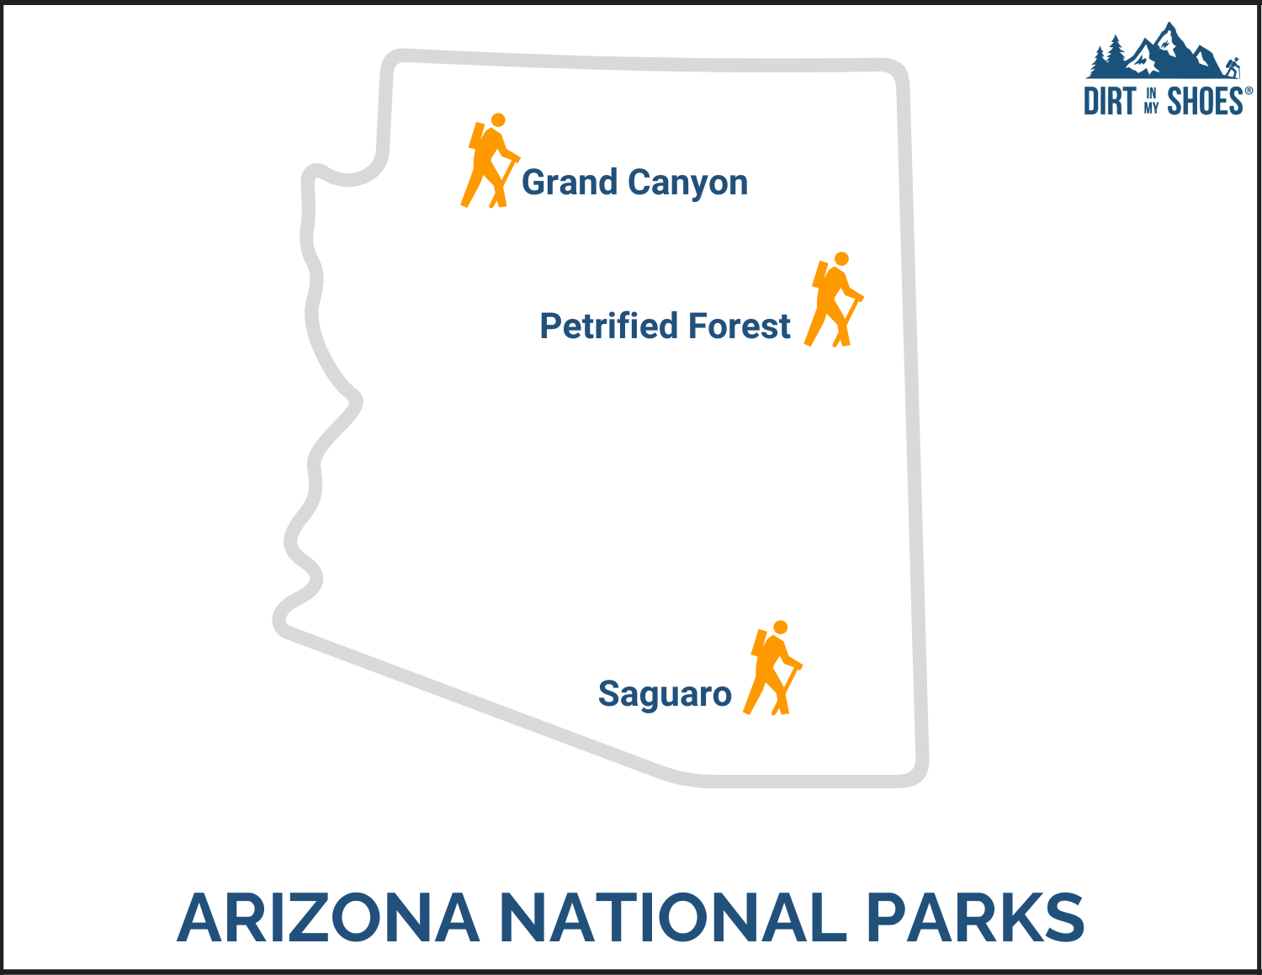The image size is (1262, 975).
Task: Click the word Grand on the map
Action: (x=569, y=183)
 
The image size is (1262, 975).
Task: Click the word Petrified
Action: (x=608, y=326)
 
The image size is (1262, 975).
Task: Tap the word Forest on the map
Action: (x=740, y=326)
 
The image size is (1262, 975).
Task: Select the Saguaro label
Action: (x=665, y=695)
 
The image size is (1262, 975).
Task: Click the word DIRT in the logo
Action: (x=1109, y=102)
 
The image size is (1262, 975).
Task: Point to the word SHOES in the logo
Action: (x=1205, y=102)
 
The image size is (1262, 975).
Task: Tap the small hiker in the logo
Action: (x=1233, y=68)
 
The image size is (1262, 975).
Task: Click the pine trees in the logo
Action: (x=1107, y=57)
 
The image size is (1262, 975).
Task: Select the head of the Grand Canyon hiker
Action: (x=498, y=120)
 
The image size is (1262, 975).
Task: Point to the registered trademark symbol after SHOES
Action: (x=1249, y=91)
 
